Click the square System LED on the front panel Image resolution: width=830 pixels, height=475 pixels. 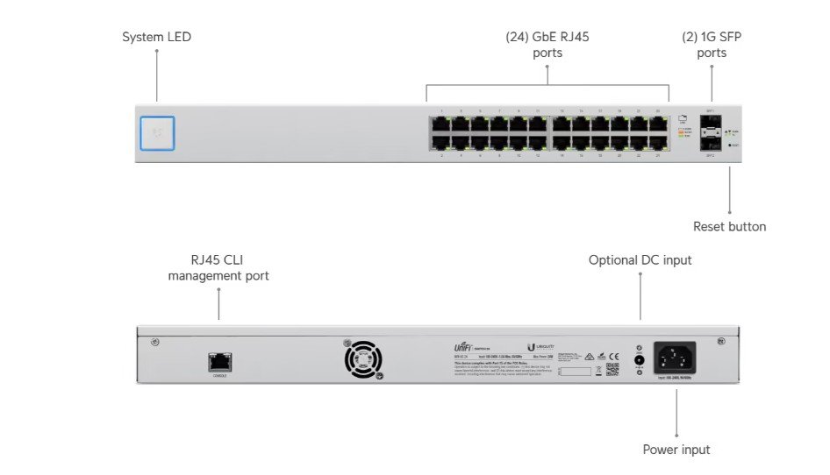click(157, 133)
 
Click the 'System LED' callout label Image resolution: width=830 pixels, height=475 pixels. click(156, 37)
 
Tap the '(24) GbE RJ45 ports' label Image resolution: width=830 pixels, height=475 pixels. click(547, 45)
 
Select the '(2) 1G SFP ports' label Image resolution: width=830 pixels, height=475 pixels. click(712, 45)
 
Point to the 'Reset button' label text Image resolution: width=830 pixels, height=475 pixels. click(729, 227)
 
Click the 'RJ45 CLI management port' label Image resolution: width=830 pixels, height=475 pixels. click(218, 268)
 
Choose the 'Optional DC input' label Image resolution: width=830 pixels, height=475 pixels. click(640, 260)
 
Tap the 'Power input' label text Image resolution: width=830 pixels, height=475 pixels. click(676, 450)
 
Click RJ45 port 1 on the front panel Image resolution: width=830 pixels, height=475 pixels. click(440, 124)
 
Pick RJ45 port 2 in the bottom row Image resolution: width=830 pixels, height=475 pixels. click(440, 142)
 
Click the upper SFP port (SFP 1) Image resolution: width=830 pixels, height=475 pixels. click(711, 124)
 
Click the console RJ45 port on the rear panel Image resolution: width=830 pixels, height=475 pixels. click(219, 360)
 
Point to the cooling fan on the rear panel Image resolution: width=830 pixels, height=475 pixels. click(363, 359)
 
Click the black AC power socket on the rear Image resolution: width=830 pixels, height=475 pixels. click(675, 358)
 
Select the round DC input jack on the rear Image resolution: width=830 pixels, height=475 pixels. click(639, 359)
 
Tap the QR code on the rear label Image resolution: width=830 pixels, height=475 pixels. click(612, 369)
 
